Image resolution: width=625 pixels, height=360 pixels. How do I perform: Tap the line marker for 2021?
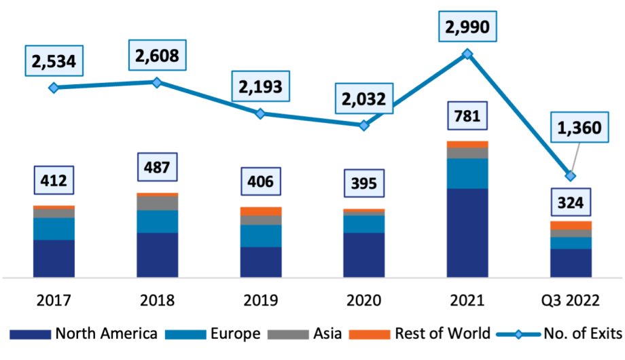(x=467, y=54)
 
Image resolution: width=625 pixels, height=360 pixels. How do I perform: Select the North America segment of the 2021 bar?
(x=467, y=232)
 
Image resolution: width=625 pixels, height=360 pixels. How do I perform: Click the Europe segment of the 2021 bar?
(x=467, y=173)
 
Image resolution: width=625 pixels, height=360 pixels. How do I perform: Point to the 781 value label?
(x=467, y=115)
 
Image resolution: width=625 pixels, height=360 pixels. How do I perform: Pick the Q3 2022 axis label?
(x=571, y=300)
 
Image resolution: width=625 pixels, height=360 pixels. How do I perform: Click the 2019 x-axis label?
(x=261, y=300)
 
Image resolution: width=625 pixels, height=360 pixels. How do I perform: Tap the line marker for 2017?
(x=54, y=88)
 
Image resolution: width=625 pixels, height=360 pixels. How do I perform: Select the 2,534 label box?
(x=54, y=61)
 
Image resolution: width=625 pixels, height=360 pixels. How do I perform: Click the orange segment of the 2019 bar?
(x=261, y=211)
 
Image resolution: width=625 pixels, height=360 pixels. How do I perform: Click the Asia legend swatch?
(x=288, y=334)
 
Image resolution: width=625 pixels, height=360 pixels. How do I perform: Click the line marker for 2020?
(x=364, y=125)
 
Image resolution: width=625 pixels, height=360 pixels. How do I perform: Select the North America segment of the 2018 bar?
(x=158, y=255)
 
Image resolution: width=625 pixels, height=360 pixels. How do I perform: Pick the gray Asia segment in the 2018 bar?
(x=158, y=203)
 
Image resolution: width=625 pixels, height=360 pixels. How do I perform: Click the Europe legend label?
(x=235, y=334)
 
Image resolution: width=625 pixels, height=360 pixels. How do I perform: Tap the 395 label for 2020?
(x=364, y=183)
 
